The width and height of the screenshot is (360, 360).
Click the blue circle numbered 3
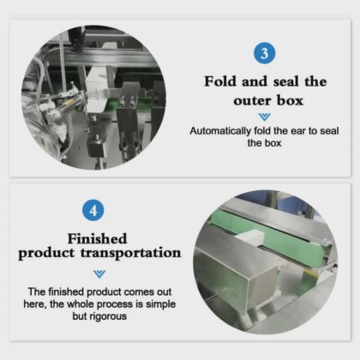pos(264,53)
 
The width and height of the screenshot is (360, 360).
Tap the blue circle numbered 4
pos(93,211)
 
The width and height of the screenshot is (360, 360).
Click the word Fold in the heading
pos(220,81)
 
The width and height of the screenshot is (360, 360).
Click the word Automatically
pos(220,131)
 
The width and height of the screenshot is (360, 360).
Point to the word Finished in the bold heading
pos(97,239)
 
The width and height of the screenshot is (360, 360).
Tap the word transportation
pos(130,254)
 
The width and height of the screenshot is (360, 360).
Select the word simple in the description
pos(160,304)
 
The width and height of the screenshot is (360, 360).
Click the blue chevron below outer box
pos(264,117)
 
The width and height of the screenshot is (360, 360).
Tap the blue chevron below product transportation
pos(99,273)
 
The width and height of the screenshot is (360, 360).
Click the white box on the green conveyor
pos(248,239)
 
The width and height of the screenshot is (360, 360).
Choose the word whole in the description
pos(81,304)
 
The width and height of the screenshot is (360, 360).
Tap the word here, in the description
pos(35,304)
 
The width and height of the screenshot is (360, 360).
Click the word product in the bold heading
pos(45,254)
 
